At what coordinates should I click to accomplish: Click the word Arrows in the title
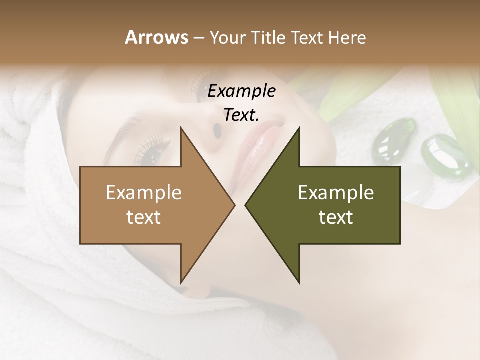[156, 37]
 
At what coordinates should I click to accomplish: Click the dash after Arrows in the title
[198, 38]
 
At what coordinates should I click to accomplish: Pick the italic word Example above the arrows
[241, 91]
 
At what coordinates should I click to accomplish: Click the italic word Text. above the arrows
[241, 115]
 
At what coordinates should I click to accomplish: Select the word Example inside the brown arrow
[143, 193]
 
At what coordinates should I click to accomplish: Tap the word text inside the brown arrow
[143, 217]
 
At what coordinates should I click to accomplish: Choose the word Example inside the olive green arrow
[336, 193]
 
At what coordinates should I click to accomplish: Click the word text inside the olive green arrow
[336, 217]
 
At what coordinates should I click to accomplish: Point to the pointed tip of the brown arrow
[234, 205]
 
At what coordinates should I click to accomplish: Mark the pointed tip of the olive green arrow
[245, 205]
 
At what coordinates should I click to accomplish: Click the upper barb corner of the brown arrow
[181, 128]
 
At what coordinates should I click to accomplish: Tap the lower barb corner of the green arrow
[299, 282]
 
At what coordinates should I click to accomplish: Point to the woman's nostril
[217, 130]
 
